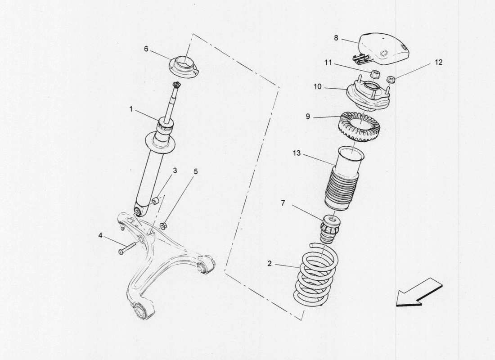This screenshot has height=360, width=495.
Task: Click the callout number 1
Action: pyautogui.click(x=130, y=108)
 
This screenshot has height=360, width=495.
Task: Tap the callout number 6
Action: pyautogui.click(x=146, y=49)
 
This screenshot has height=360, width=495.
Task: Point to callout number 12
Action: pyautogui.click(x=439, y=63)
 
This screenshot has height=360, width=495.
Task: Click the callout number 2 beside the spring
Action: pyautogui.click(x=270, y=264)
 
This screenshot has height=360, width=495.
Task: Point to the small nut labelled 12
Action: pyautogui.click(x=391, y=81)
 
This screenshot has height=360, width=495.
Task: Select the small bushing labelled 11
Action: pyautogui.click(x=373, y=74)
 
